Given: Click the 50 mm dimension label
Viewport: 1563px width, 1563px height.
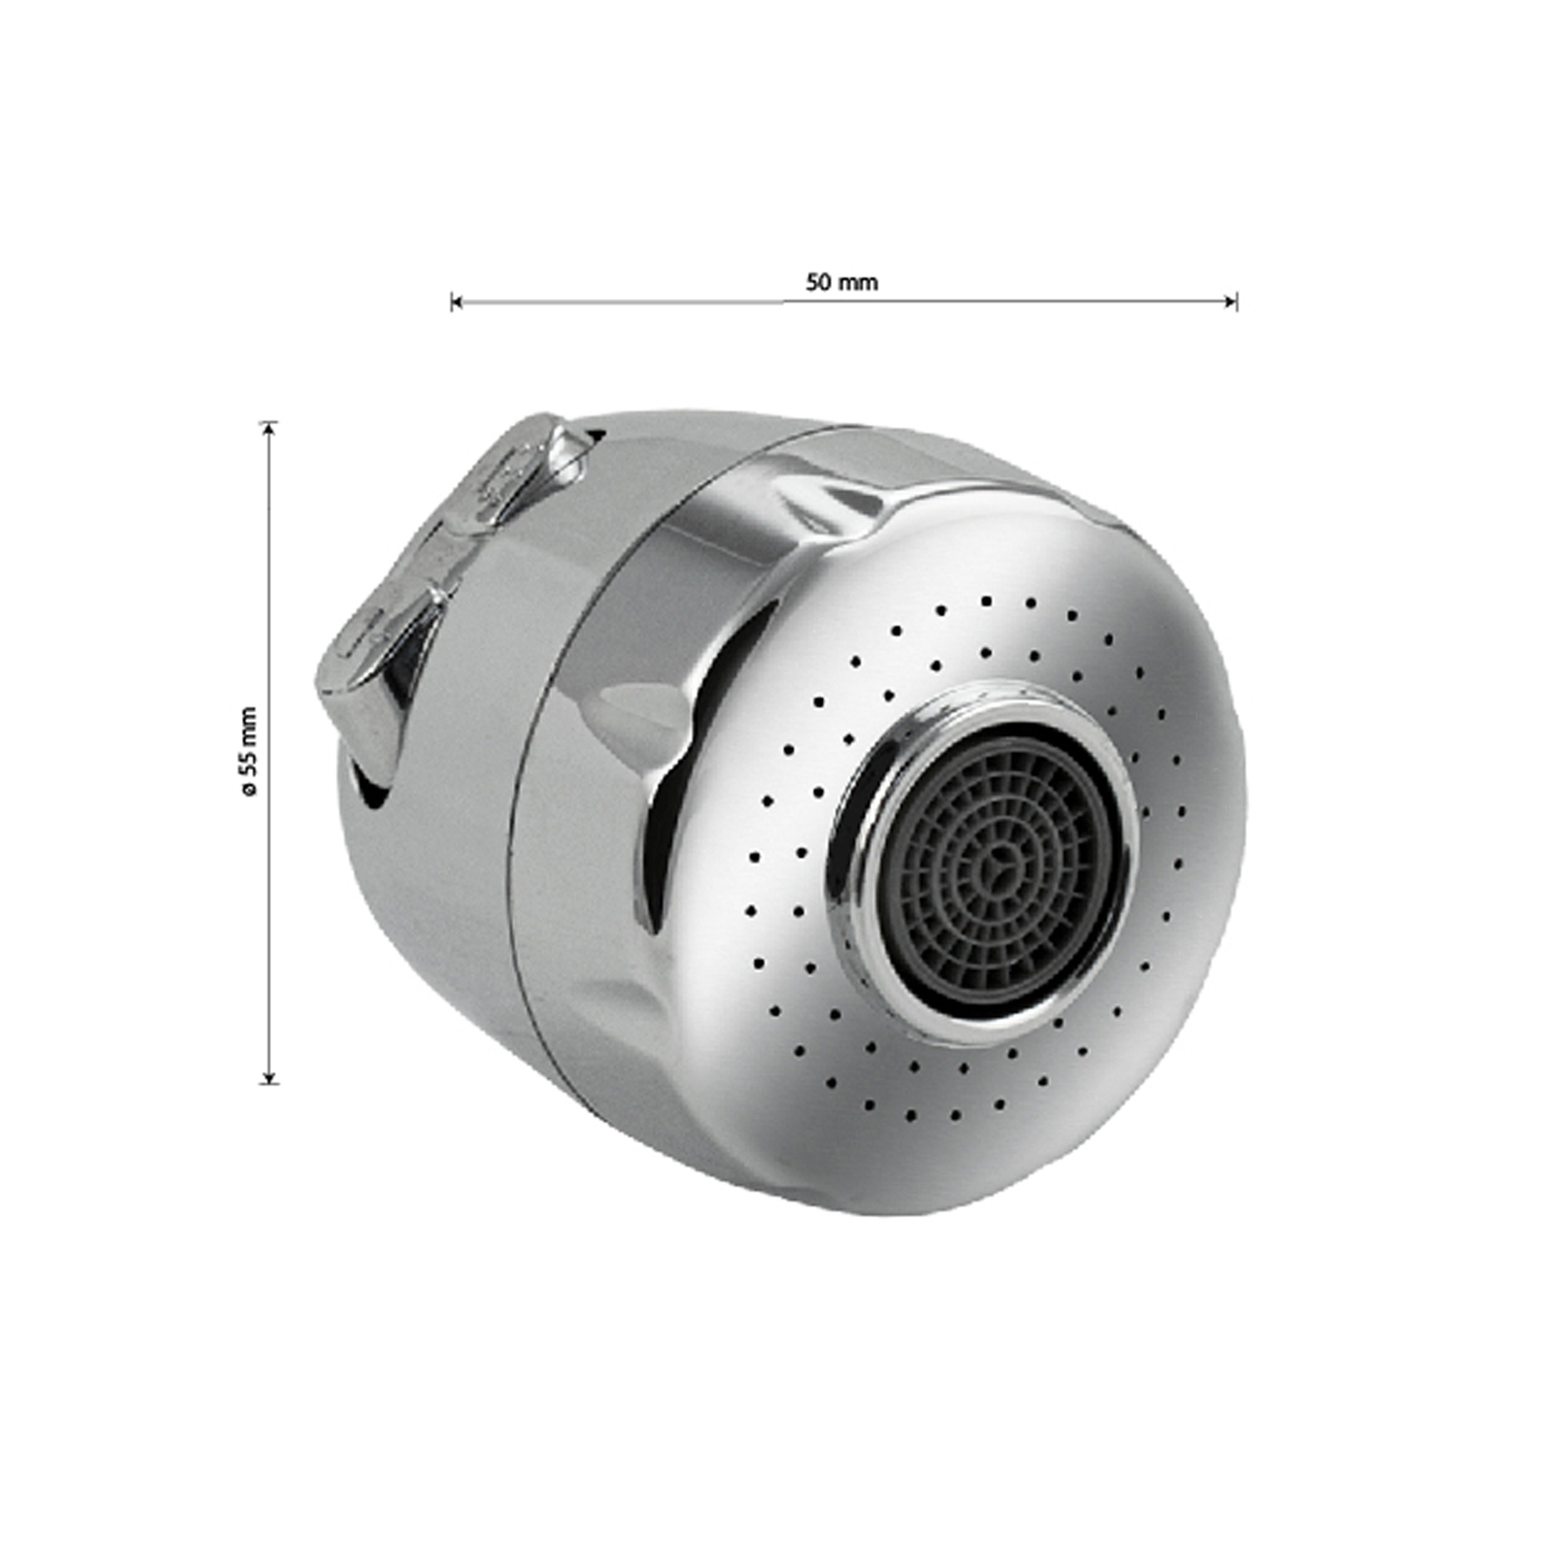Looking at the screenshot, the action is click(x=841, y=282).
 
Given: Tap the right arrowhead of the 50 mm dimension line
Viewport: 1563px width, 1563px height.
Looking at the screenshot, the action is click(x=1230, y=302).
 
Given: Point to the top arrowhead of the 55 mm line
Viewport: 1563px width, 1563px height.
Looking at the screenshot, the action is click(x=270, y=427).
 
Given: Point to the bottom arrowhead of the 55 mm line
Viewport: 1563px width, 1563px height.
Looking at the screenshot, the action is click(x=270, y=1078).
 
